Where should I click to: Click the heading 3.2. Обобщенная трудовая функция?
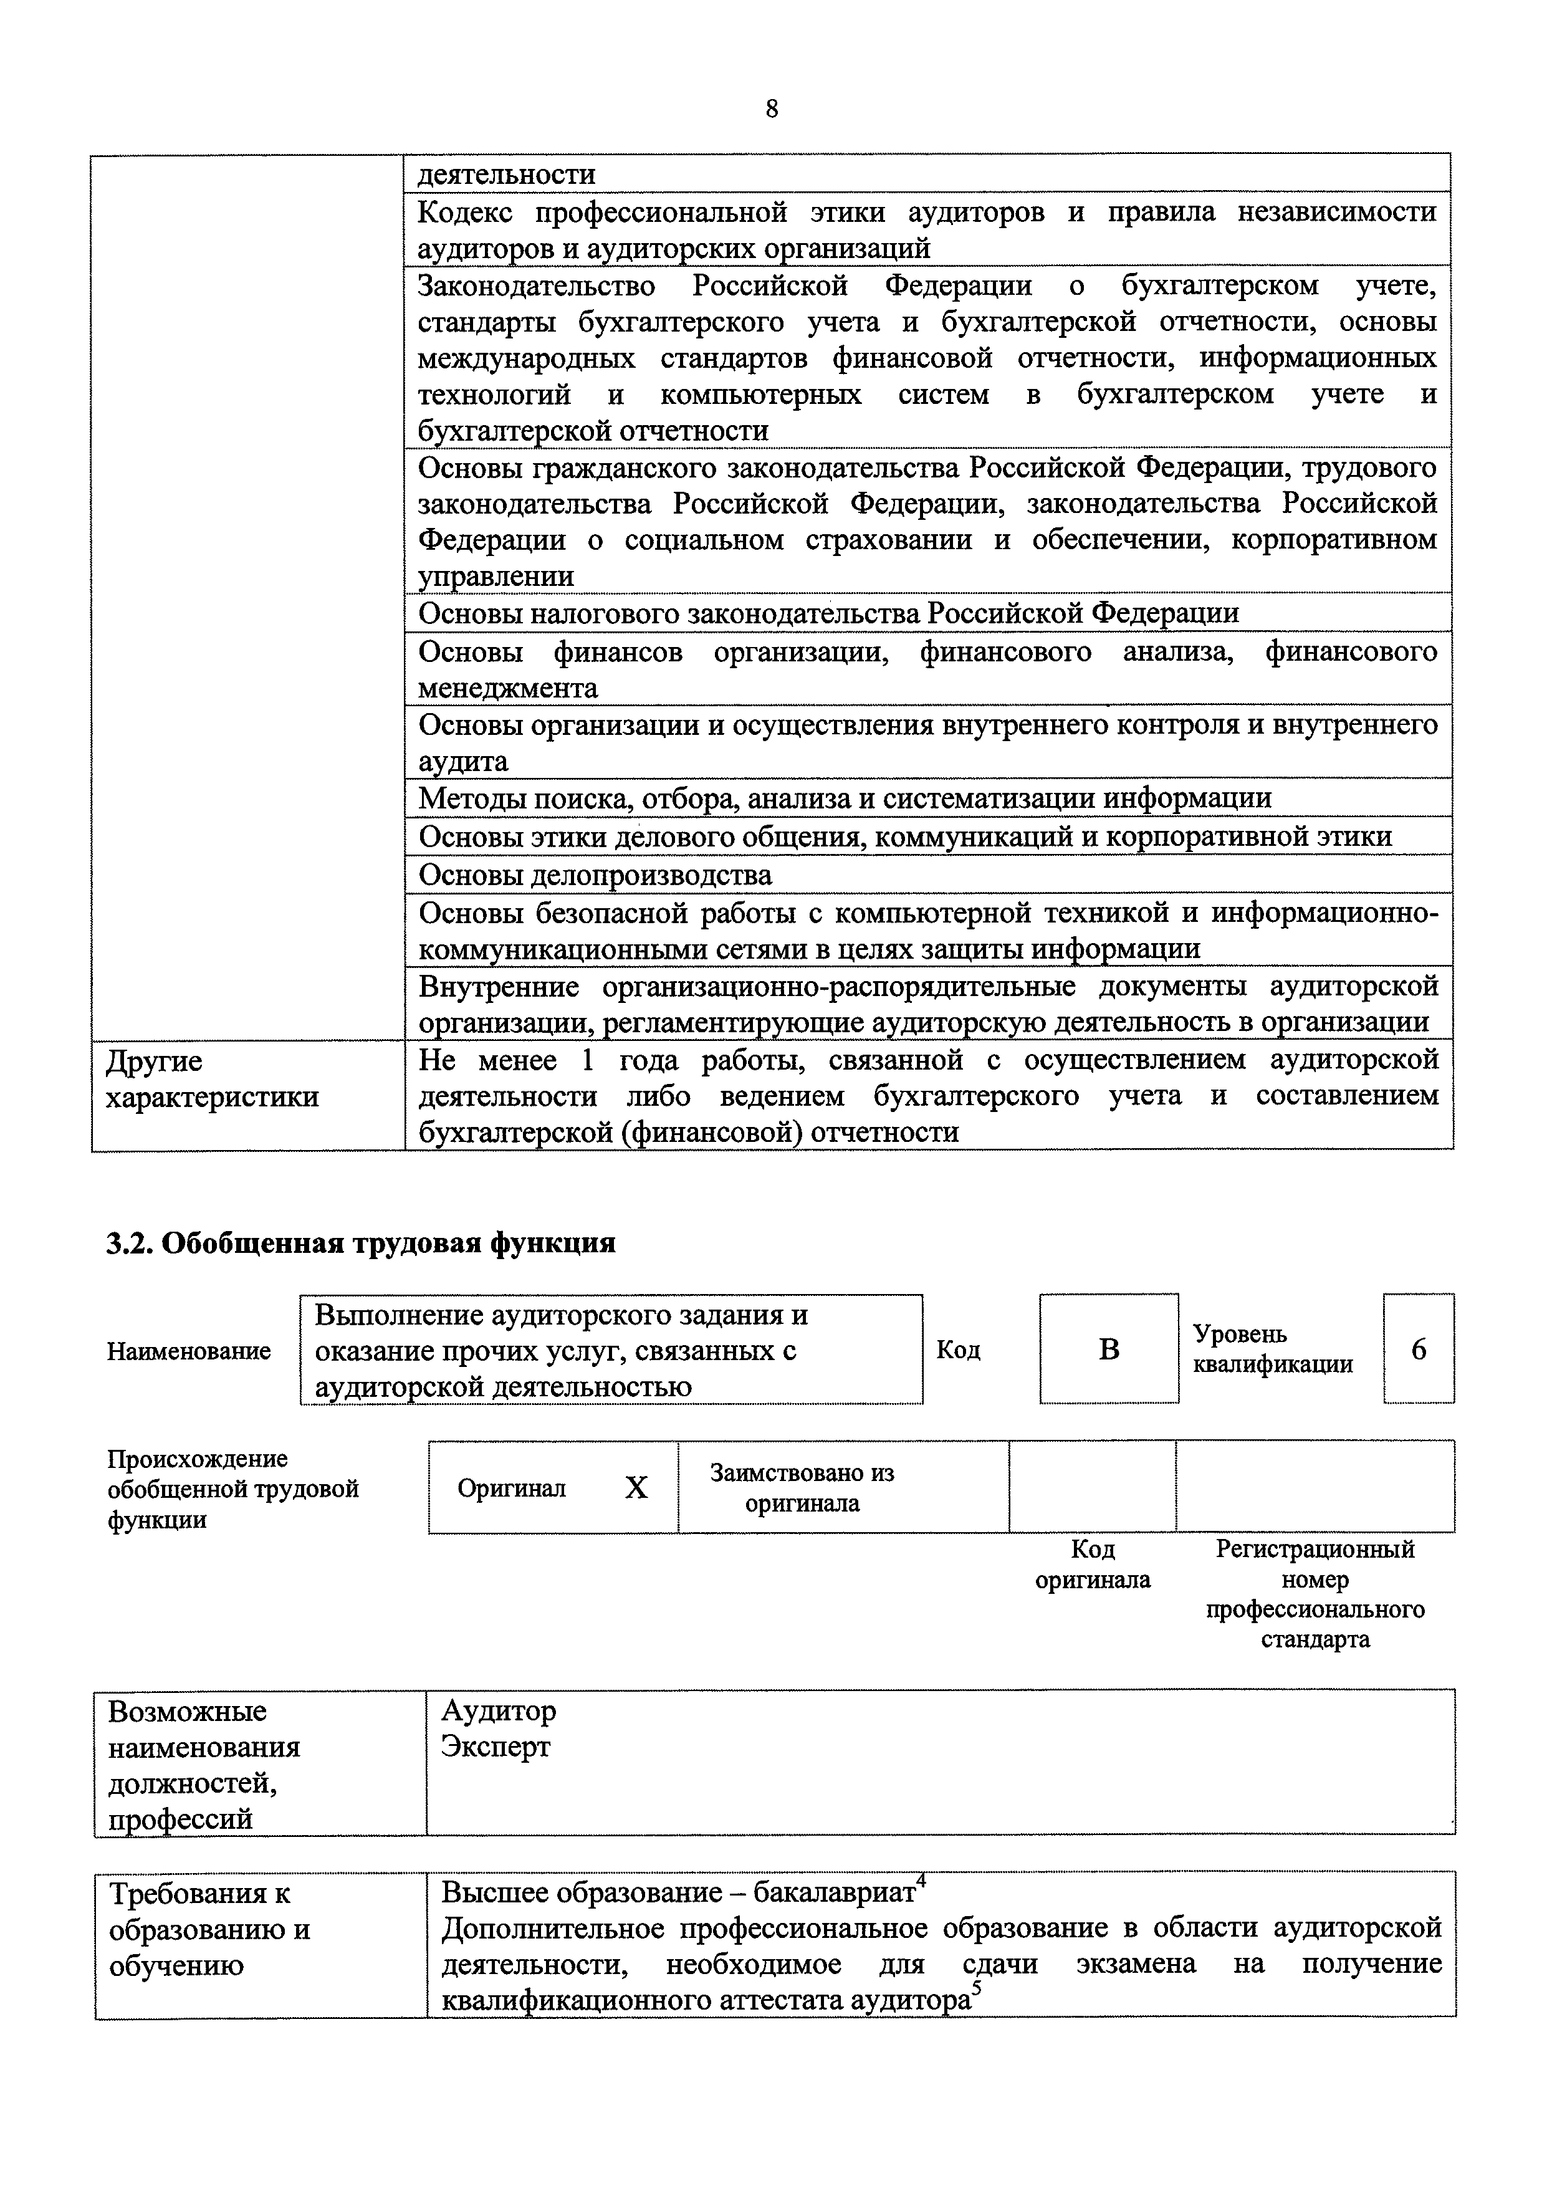pos(360,1243)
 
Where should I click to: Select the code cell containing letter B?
pos(1109,1349)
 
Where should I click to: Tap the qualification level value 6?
pos(1419,1349)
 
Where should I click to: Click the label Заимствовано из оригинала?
pos(802,1488)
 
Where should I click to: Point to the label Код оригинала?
pos(1093,1564)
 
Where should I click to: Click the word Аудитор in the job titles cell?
pos(498,1710)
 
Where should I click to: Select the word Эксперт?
pos(496,1747)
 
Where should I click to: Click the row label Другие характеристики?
pos(211,1079)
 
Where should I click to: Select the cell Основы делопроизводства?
pos(595,875)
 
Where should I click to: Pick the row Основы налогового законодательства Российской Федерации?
pos(829,613)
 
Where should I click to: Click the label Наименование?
pos(189,1351)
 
